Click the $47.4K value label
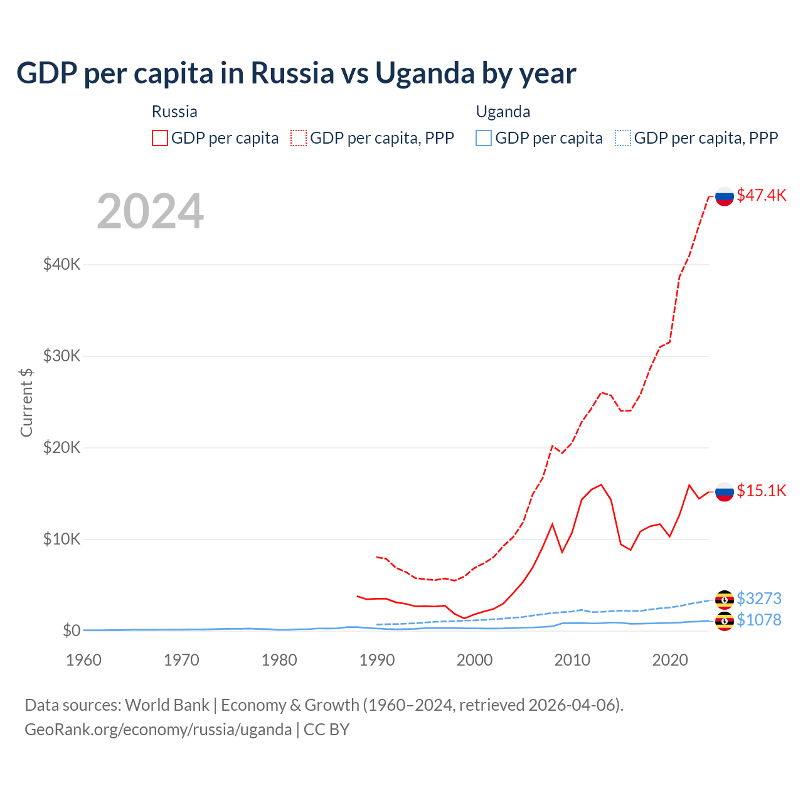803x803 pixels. pos(761,195)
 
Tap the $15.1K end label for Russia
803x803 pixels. pos(761,491)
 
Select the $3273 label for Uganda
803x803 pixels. pos(758,598)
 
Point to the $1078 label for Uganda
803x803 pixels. pos(758,620)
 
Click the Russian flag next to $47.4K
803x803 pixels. pos(725,196)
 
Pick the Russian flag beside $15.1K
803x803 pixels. pos(725,492)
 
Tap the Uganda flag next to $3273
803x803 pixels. pos(725,600)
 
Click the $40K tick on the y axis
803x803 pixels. pos(61,264)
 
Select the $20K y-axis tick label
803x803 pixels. pos(61,447)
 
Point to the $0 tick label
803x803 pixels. pos(72,630)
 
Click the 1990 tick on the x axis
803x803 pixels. pos(377,660)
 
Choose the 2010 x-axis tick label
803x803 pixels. pos(572,660)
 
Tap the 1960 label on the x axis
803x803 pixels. pos(84,660)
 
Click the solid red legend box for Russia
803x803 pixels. pos(160,138)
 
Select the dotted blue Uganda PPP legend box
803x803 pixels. pos(623,138)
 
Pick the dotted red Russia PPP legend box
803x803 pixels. pos(299,138)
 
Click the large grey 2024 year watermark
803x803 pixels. pos(151,211)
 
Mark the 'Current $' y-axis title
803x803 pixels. pos(26,403)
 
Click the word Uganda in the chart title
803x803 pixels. pos(425,73)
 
